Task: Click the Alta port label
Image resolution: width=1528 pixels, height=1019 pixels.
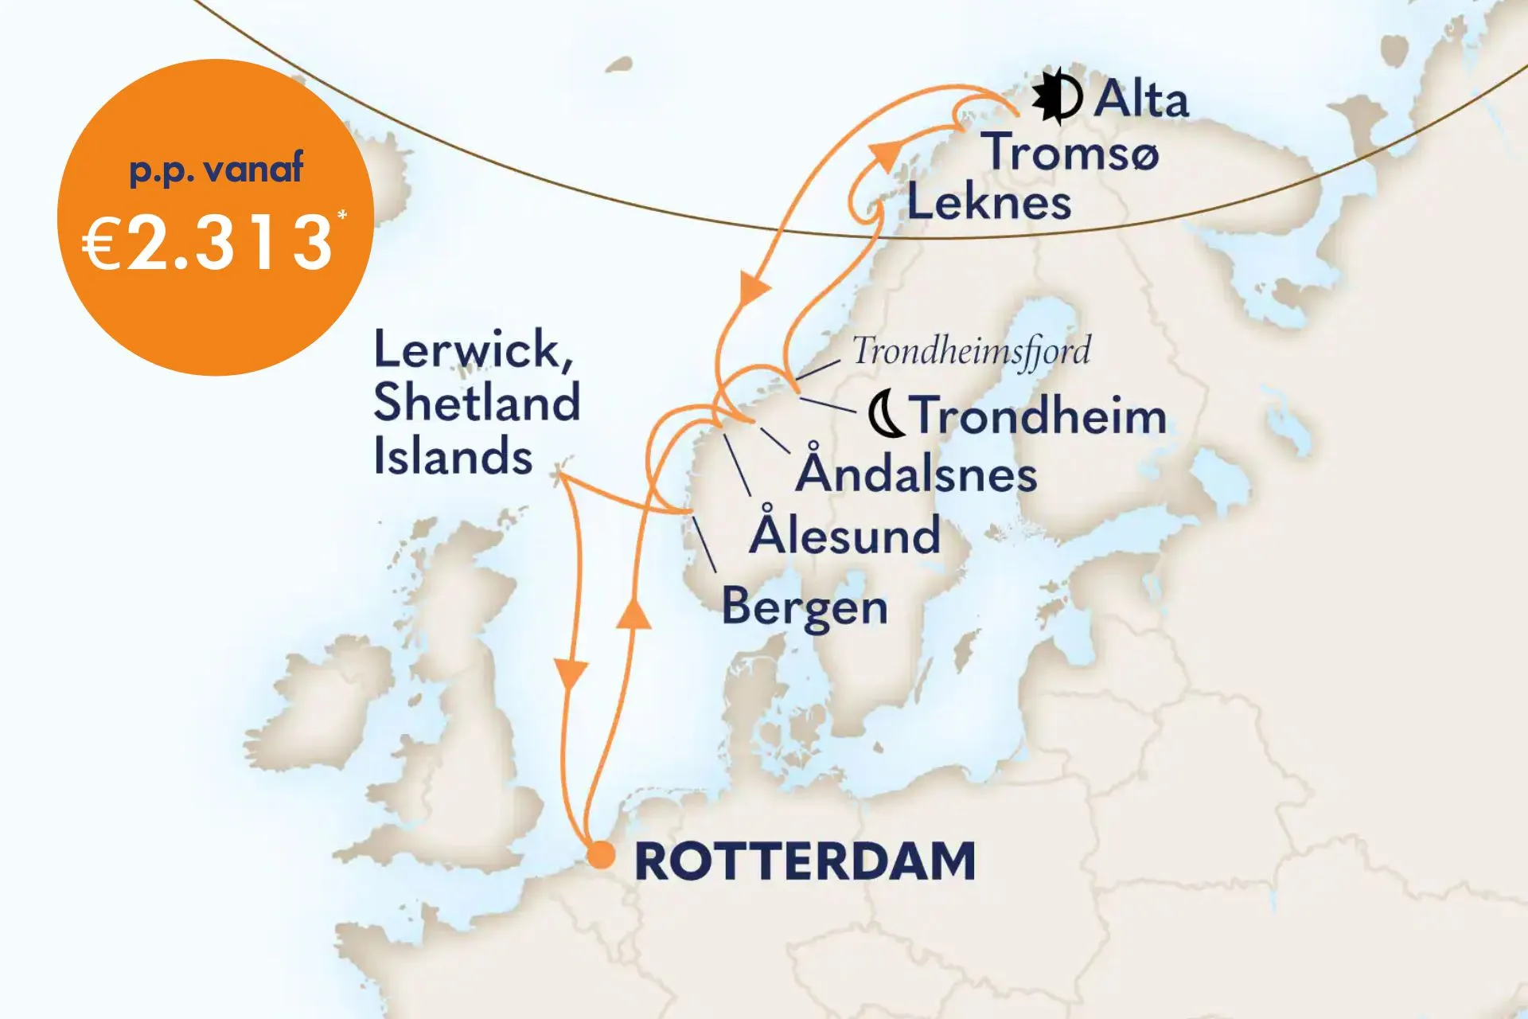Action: (x=1140, y=100)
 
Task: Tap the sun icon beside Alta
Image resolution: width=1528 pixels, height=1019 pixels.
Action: (x=1057, y=98)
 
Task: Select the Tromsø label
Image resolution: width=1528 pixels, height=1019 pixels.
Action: (x=1070, y=151)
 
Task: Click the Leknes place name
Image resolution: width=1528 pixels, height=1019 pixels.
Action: (x=989, y=201)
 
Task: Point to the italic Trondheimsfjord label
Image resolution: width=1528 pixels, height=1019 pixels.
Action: (x=971, y=350)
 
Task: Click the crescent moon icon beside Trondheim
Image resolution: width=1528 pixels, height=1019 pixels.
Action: (x=884, y=415)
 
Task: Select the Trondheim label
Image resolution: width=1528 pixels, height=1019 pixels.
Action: (x=1039, y=416)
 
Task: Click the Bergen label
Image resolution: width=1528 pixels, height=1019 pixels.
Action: (x=805, y=607)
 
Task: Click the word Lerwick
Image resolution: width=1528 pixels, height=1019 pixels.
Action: (x=470, y=350)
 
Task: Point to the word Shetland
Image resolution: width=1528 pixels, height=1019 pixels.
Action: (x=476, y=403)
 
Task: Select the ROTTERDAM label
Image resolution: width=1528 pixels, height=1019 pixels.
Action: (x=805, y=861)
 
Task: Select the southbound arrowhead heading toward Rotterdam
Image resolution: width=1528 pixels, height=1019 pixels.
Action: (x=571, y=674)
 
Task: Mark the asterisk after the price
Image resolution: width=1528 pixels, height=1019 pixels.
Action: (x=342, y=216)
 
